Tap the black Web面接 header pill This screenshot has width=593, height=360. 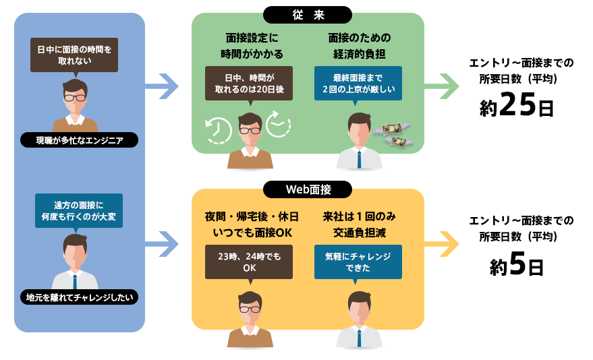308,189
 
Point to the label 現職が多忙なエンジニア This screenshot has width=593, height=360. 80,140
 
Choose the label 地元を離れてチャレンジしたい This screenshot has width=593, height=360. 80,297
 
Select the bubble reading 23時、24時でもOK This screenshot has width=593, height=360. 249,262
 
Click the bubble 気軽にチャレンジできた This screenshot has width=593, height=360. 358,262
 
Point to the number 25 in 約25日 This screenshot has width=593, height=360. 517,107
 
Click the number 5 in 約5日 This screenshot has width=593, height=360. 517,265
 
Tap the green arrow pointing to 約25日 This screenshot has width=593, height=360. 441,86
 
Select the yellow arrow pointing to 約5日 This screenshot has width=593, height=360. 441,243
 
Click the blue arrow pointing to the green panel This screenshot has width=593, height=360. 161,86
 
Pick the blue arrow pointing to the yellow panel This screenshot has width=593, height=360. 161,243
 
